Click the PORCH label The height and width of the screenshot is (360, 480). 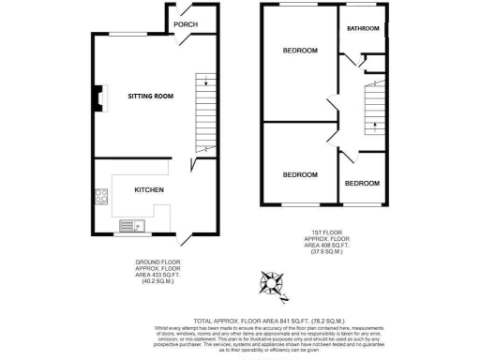coord(186,24)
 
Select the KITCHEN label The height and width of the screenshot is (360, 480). coord(150,190)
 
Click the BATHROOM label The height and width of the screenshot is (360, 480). coord(362,29)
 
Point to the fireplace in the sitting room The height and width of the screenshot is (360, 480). coord(98,98)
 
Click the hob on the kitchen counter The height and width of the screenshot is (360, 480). coord(99,198)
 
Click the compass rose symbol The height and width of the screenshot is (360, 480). coord(271,281)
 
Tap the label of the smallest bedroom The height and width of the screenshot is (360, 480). coord(361,181)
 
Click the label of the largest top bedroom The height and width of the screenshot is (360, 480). coord(300,50)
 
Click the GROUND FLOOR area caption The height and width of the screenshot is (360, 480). coord(157,271)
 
